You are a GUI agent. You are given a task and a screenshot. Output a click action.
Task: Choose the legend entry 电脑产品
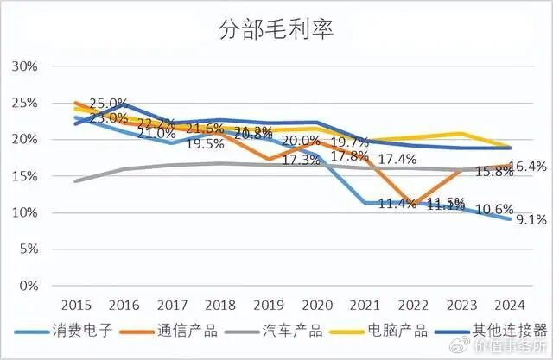pyautogui.click(x=398, y=330)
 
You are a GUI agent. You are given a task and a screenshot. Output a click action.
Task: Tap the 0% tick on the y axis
pyautogui.click(x=28, y=286)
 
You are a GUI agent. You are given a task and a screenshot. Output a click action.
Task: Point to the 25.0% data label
pyautogui.click(x=107, y=104)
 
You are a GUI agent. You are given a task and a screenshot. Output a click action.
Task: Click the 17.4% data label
pyautogui.click(x=398, y=159)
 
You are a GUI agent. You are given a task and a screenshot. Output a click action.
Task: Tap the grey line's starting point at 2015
pyautogui.click(x=75, y=181)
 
